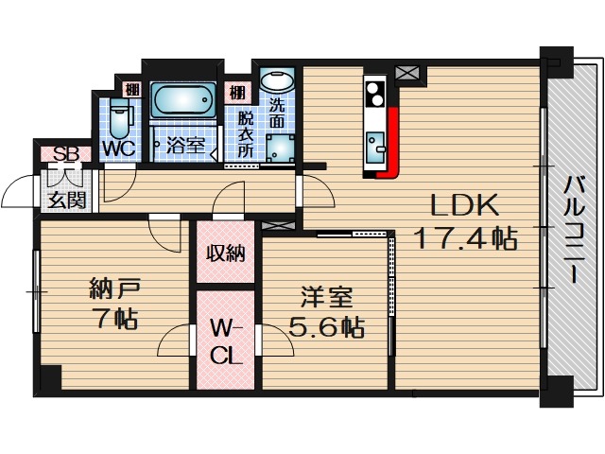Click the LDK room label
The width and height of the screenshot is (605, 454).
click(464, 205)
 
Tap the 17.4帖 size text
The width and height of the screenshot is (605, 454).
click(465, 238)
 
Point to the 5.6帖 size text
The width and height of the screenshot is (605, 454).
click(327, 327)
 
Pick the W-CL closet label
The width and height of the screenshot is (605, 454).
click(225, 342)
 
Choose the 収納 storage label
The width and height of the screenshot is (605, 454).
click(225, 253)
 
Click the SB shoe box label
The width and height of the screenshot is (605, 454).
click(64, 154)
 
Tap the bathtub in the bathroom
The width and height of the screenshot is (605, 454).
click(182, 100)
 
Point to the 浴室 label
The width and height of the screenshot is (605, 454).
click(185, 147)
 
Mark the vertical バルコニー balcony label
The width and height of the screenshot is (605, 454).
click(572, 228)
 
